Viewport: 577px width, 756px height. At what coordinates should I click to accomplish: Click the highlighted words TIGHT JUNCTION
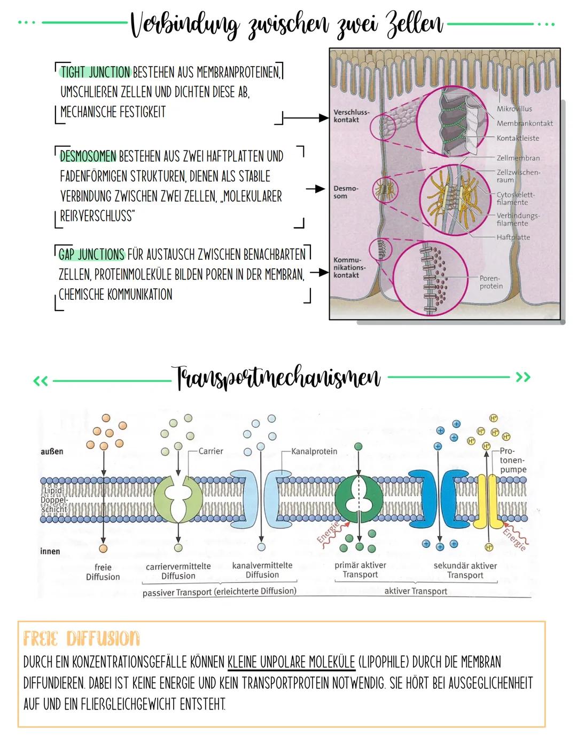[95, 72]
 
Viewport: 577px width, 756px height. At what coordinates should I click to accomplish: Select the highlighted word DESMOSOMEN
[88, 156]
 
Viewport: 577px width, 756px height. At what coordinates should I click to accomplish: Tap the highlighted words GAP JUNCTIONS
[92, 254]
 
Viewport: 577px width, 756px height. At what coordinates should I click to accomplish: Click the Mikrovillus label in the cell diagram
[514, 109]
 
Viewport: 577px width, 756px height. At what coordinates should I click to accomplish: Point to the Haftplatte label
[513, 237]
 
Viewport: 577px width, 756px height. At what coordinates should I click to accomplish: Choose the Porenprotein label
[490, 282]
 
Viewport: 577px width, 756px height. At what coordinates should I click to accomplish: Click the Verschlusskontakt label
[350, 116]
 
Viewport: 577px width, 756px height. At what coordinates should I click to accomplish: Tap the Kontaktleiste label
[517, 138]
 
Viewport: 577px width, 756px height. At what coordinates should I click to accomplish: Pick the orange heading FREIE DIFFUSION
[81, 638]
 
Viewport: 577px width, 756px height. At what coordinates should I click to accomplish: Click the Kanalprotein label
[314, 451]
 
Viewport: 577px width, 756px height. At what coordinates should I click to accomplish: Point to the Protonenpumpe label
[513, 460]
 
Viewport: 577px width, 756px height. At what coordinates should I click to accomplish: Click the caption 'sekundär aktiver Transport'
[465, 570]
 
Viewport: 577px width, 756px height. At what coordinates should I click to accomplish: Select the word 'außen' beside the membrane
[52, 451]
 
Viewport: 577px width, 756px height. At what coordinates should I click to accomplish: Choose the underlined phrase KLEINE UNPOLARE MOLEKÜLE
[291, 662]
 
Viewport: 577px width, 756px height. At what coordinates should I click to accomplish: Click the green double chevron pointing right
[523, 378]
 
